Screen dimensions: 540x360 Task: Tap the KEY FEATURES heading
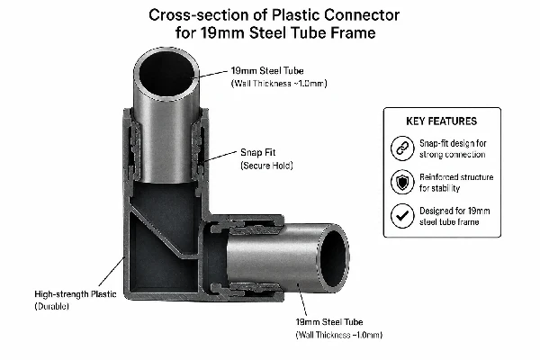click(x=442, y=121)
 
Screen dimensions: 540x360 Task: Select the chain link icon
click(x=402, y=148)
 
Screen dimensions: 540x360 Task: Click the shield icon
click(x=402, y=182)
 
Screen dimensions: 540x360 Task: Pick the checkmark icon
click(x=402, y=216)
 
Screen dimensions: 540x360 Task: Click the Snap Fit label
click(x=258, y=153)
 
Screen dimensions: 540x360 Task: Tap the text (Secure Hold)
click(x=266, y=166)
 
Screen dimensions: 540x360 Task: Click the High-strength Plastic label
click(x=76, y=294)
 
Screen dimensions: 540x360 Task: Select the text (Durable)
click(x=51, y=306)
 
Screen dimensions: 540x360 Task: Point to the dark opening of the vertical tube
click(x=166, y=74)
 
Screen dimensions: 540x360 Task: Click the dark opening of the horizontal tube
click(x=333, y=258)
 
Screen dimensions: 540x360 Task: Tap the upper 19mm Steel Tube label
click(x=267, y=71)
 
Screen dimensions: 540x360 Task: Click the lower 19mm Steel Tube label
click(x=329, y=322)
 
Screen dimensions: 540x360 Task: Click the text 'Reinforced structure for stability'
click(x=456, y=183)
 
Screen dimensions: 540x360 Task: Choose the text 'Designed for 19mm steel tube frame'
click(x=454, y=216)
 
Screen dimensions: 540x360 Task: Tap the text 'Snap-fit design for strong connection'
click(x=453, y=148)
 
